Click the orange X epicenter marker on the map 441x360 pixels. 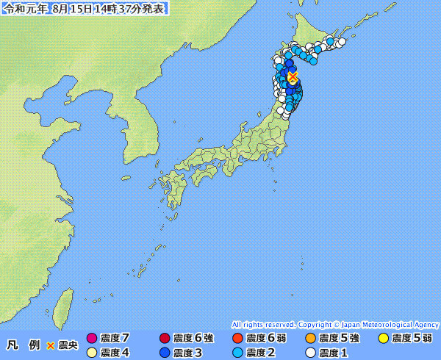[x=293, y=76]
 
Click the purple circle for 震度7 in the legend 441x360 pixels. [x=92, y=339]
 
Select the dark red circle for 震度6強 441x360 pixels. [x=165, y=339]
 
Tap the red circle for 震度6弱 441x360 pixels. [x=237, y=339]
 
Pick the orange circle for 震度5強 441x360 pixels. [x=311, y=339]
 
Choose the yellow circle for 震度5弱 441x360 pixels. [x=383, y=339]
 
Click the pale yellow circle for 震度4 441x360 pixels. [x=92, y=352]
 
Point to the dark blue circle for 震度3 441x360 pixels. [x=165, y=352]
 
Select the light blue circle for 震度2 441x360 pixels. [x=237, y=352]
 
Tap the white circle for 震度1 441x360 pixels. [x=311, y=352]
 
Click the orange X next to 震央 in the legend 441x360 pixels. [x=51, y=345]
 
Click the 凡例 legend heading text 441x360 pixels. [x=24, y=345]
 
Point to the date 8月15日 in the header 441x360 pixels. [x=71, y=9]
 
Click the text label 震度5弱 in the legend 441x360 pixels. [x=412, y=339]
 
